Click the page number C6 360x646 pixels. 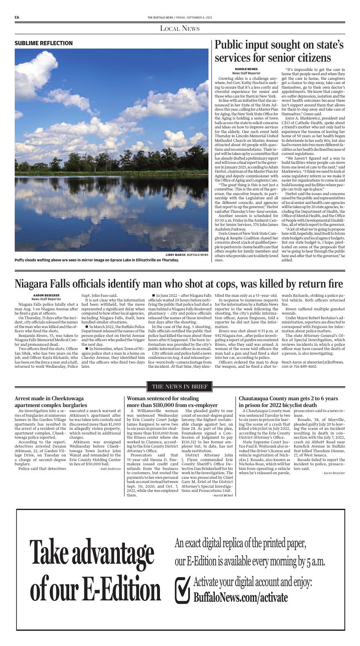click(x=17, y=17)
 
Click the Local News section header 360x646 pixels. click(x=180, y=28)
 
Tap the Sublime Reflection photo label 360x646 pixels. click(x=43, y=43)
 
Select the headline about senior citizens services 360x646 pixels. click(x=279, y=51)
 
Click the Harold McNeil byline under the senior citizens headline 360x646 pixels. click(x=246, y=69)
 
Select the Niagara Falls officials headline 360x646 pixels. click(x=179, y=283)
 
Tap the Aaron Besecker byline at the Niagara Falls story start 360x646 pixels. click(x=46, y=295)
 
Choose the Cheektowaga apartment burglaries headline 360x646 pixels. click(x=49, y=402)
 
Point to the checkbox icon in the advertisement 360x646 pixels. click(x=182, y=589)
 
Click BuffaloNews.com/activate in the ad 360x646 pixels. click(x=240, y=597)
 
